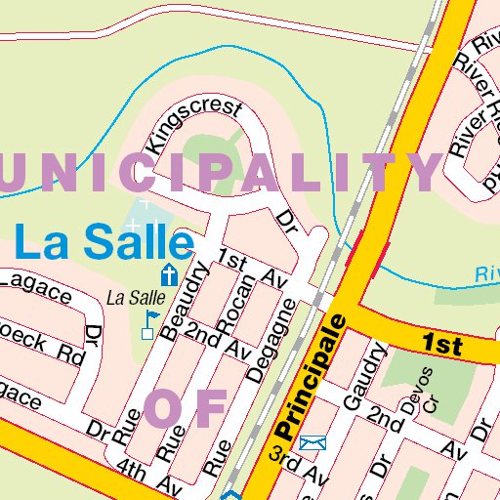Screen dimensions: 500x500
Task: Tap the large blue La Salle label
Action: click(104, 240)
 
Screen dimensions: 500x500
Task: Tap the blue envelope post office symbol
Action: click(312, 444)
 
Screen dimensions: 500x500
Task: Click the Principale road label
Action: click(310, 377)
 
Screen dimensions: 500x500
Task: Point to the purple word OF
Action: click(186, 408)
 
